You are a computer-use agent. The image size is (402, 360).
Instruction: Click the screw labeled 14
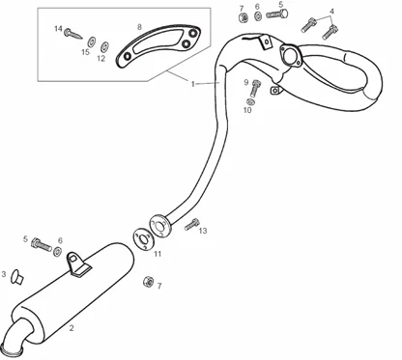point(72,34)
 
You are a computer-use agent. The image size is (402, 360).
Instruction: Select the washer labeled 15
point(91,42)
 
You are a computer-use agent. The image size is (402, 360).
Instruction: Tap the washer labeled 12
point(104,47)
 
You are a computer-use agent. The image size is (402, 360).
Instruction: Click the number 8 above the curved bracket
point(139,27)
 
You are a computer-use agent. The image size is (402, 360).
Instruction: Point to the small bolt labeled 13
point(191,224)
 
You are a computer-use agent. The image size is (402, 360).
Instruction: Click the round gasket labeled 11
point(142,238)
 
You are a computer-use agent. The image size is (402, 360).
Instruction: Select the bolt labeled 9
point(255,88)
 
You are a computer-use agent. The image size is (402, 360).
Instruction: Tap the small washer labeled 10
point(250,101)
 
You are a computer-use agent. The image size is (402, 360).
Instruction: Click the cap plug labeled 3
point(16,277)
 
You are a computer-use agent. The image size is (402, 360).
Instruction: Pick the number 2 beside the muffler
point(72,328)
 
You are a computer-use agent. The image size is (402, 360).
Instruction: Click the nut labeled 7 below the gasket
point(148,282)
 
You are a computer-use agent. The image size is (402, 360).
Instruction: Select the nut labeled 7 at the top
point(244,18)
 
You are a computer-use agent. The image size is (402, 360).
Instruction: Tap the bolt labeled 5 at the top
point(276,14)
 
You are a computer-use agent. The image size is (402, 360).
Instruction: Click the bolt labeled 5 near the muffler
point(42,245)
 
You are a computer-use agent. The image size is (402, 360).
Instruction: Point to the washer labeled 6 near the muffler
point(58,252)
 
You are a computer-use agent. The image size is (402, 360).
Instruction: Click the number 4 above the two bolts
point(331,12)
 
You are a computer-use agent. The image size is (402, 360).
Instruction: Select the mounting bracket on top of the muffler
point(78,264)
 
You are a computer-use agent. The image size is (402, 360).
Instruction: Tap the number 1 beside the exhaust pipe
point(192,84)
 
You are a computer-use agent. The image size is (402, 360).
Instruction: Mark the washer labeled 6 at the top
point(258,16)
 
